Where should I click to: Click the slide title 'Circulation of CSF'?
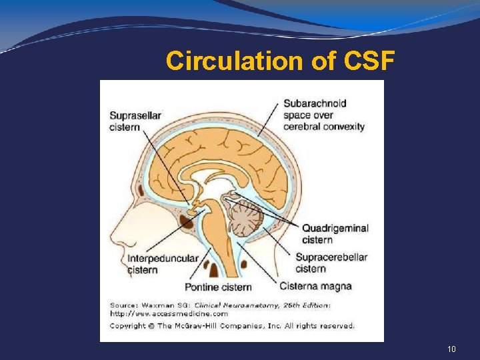coord(281,61)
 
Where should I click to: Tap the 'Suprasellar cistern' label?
coord(135,121)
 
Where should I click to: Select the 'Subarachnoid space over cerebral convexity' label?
coord(324,115)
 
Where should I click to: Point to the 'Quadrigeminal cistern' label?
coord(335,233)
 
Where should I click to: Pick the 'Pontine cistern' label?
coord(218,287)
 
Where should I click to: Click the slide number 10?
coord(451,349)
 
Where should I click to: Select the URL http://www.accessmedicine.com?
coord(168,313)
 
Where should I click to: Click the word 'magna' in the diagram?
coord(337,287)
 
